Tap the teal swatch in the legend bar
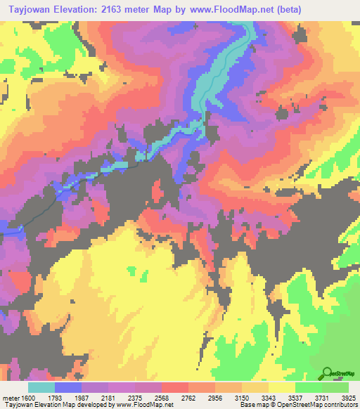(41, 387)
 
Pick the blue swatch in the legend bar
(68, 387)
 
